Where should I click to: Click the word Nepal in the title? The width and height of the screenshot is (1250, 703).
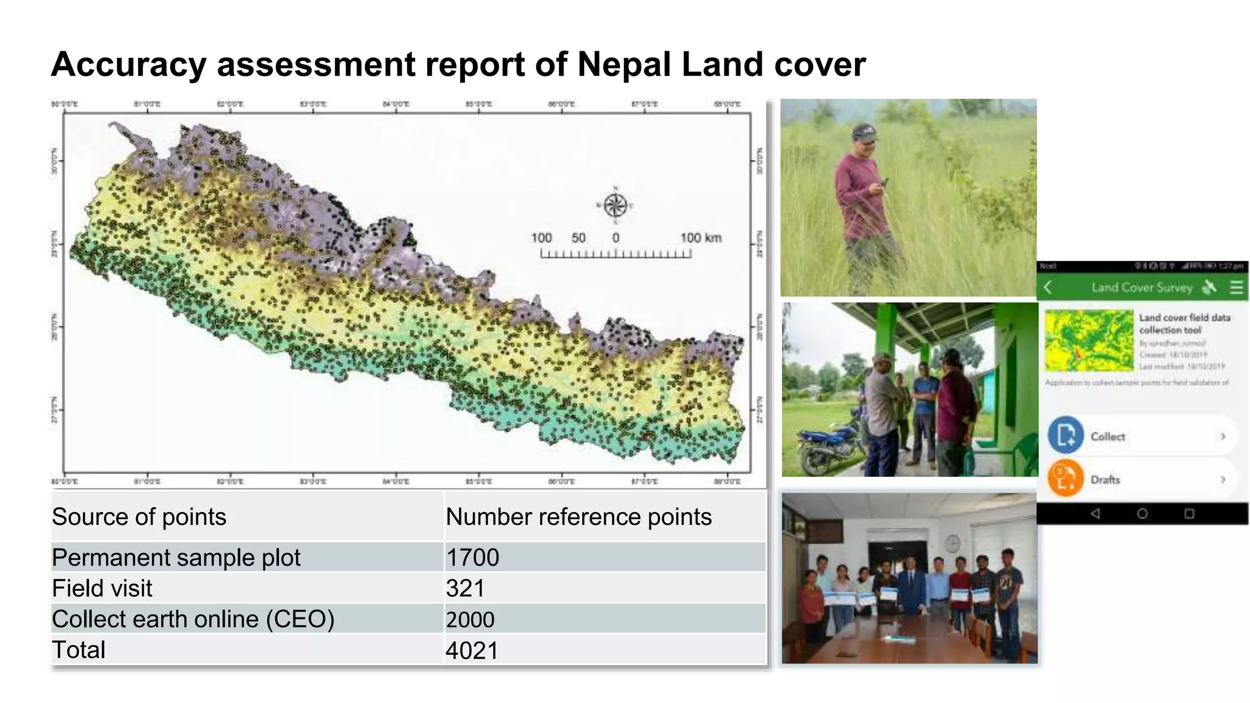coord(624,64)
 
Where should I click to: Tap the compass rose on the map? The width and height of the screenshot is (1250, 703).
coord(615,205)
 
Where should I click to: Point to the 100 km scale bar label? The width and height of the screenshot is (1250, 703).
coord(701,238)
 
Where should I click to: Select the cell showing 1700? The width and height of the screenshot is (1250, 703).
coord(472,557)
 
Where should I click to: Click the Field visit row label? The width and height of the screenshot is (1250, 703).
coord(102,588)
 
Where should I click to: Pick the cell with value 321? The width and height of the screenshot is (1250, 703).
coord(465,588)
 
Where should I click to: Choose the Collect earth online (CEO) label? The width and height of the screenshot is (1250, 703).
coord(193,619)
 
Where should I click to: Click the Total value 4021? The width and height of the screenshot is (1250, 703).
coord(472,651)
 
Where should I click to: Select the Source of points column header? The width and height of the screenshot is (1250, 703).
coord(139,517)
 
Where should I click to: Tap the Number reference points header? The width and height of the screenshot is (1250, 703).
coord(579,517)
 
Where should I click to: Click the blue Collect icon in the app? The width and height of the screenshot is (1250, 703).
coord(1066,435)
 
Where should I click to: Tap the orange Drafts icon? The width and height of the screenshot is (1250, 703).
coord(1066,478)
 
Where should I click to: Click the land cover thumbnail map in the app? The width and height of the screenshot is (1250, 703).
coord(1089,341)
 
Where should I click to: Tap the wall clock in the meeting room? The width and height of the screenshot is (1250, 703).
coord(953,543)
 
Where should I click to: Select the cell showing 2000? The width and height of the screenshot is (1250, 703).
coord(470,619)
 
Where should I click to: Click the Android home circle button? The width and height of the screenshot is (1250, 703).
coord(1142,514)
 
